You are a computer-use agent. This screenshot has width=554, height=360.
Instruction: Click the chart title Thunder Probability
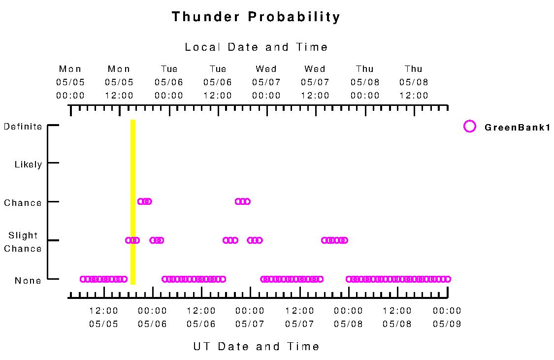point(256,17)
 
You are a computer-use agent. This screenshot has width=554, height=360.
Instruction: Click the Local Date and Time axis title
point(256,47)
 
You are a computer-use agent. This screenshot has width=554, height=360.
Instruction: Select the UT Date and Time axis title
point(256,346)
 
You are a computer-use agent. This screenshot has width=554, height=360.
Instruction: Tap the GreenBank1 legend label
point(517,128)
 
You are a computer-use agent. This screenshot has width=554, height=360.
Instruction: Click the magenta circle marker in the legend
point(470,127)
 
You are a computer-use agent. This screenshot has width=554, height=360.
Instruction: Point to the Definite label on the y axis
point(23,127)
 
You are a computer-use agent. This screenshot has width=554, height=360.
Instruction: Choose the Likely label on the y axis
point(28,164)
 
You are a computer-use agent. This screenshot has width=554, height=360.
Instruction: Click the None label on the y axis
point(28,281)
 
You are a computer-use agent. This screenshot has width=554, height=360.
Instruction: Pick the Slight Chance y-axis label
point(23,242)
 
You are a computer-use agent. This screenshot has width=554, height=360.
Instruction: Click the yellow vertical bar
point(133,202)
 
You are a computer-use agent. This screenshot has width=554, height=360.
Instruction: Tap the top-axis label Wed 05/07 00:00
point(266,82)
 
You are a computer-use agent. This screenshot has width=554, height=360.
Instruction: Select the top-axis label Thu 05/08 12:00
point(413,82)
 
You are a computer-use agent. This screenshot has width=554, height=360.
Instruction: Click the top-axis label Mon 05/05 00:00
point(70,82)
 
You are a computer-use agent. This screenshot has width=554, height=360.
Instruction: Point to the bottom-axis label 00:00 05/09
point(447,317)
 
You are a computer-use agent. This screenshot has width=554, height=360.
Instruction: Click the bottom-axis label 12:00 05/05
point(103,317)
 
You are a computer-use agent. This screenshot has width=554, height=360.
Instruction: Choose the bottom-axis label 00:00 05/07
point(250,317)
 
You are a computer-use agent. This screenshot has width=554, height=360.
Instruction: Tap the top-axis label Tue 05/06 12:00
point(217,82)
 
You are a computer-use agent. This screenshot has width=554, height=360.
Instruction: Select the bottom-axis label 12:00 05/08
point(397,317)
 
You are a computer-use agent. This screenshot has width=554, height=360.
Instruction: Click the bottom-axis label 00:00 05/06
point(152,317)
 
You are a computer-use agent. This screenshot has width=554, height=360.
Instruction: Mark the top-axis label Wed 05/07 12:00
point(315,82)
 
